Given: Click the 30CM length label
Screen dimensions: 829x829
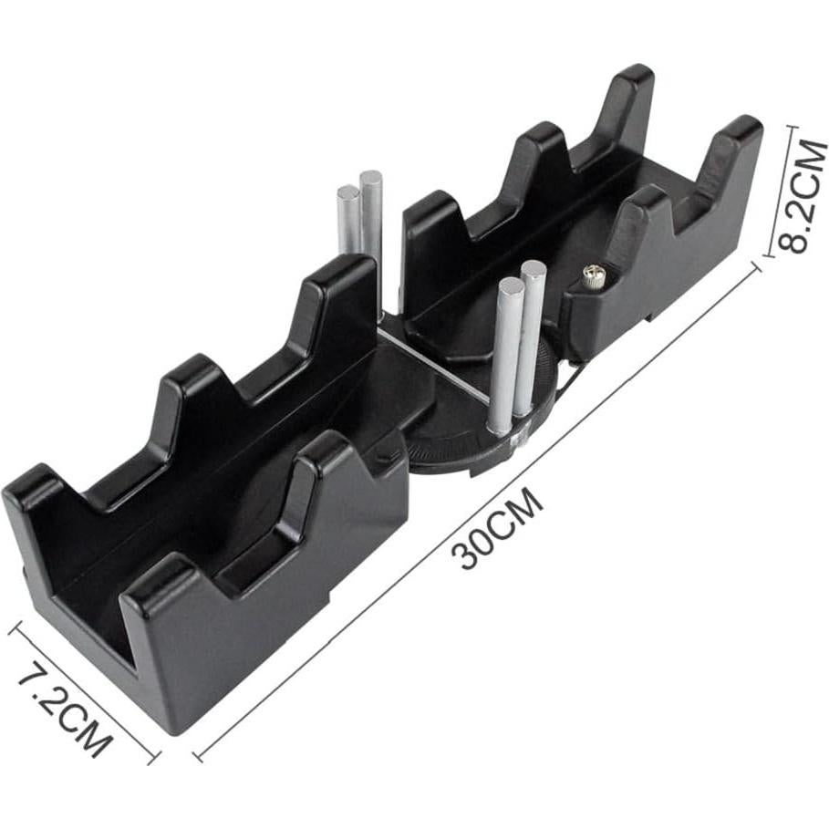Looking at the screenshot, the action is tap(497, 530).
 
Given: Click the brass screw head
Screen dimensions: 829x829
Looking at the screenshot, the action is tap(593, 275).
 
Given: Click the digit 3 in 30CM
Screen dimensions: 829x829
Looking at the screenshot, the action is tap(469, 556).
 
